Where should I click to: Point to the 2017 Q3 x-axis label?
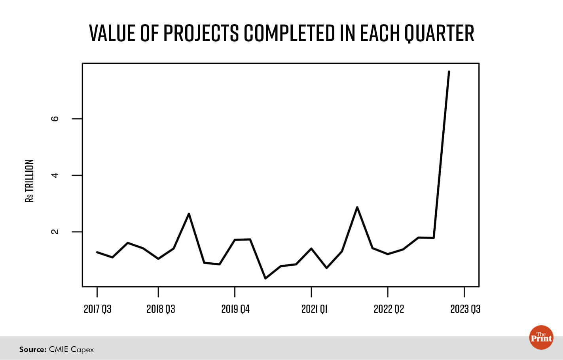pyautogui.click(x=97, y=309)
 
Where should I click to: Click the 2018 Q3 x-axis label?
pyautogui.click(x=161, y=309)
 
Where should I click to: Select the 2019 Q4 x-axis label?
pyautogui.click(x=235, y=309)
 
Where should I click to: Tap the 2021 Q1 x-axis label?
pyautogui.click(x=314, y=309)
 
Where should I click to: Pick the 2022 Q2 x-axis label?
pyautogui.click(x=389, y=309)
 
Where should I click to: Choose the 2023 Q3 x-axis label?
pyautogui.click(x=465, y=309)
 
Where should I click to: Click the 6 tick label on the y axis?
pyautogui.click(x=55, y=119)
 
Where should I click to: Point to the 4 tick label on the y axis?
pyautogui.click(x=55, y=175)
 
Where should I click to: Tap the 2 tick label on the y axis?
pyautogui.click(x=55, y=232)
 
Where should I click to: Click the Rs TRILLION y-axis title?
pyautogui.click(x=30, y=181)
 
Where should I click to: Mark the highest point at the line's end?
pyautogui.click(x=449, y=72)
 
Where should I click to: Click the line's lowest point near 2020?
pyautogui.click(x=265, y=279)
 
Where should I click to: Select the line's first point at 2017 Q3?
pyautogui.click(x=97, y=252)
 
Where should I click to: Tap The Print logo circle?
pyautogui.click(x=541, y=337)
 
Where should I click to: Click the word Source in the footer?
pyautogui.click(x=33, y=349)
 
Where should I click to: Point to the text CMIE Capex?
pyautogui.click(x=71, y=349)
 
